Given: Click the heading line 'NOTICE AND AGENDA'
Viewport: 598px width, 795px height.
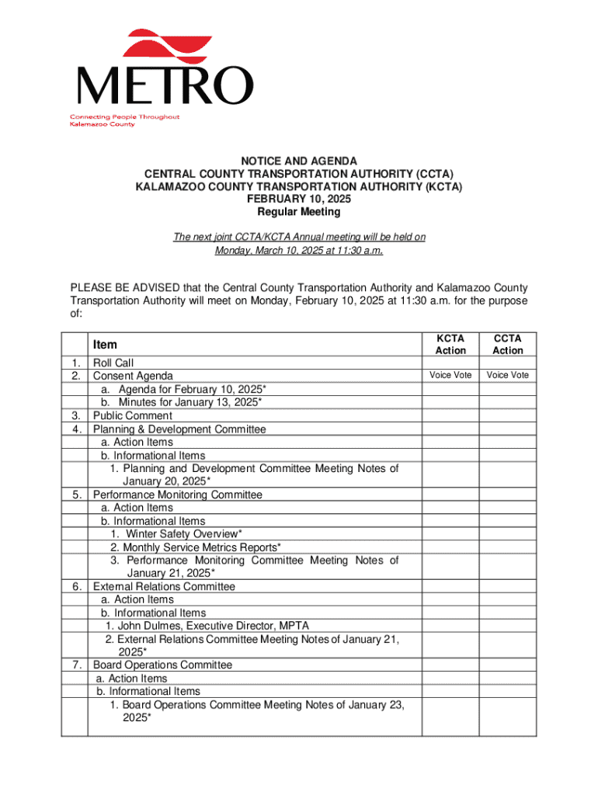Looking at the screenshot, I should click(x=298, y=161).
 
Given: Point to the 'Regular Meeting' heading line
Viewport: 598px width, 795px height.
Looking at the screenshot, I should click(x=298, y=212).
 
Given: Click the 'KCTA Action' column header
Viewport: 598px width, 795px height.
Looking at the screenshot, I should click(x=450, y=345).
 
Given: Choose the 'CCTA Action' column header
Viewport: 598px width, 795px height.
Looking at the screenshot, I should click(x=508, y=345).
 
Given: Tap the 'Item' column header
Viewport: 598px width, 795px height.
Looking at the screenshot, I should click(x=105, y=345).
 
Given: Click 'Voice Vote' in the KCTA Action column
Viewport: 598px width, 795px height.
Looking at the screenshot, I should click(x=450, y=376).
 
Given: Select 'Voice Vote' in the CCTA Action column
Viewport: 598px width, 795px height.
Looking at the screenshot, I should click(x=508, y=376).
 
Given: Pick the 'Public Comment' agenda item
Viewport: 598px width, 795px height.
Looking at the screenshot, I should click(x=133, y=415).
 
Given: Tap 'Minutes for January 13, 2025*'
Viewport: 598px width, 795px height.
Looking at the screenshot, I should click(x=189, y=402).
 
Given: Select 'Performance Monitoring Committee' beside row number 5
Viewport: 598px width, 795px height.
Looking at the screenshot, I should click(x=178, y=495).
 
